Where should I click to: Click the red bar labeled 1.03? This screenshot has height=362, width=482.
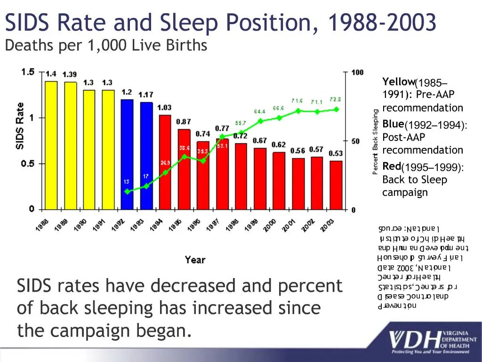[x=165, y=162]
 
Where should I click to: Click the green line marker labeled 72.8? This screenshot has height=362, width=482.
[x=336, y=109]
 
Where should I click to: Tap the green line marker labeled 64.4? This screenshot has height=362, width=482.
[x=260, y=121]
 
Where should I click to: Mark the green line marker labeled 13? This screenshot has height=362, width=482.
[x=127, y=191]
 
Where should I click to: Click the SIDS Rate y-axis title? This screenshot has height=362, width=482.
[x=20, y=126]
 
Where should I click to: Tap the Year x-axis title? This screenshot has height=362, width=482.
[x=195, y=260]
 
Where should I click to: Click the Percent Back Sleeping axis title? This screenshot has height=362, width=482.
[x=376, y=141]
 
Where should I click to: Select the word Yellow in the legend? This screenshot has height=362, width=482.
[x=398, y=81]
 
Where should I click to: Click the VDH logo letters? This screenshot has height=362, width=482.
[x=415, y=340]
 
